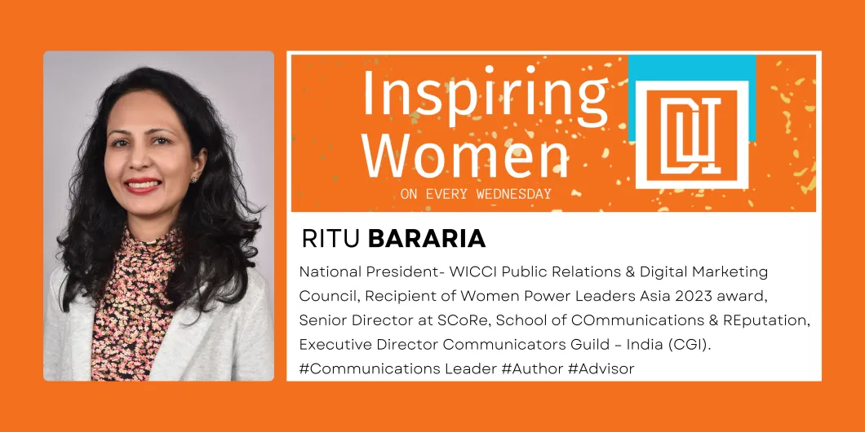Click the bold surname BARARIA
click(x=427, y=239)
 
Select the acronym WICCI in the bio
click(x=469, y=271)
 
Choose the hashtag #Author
click(x=532, y=368)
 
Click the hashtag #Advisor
click(x=601, y=368)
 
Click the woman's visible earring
click(x=193, y=179)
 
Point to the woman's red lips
click(x=143, y=186)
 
